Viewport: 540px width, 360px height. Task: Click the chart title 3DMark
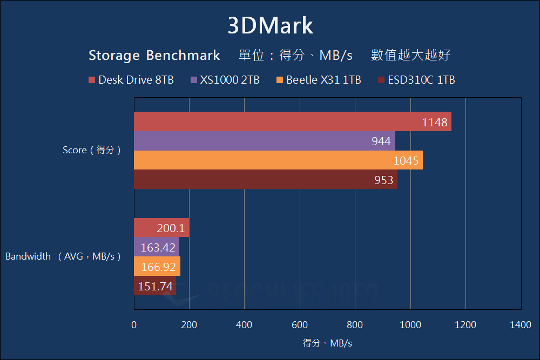point(270,26)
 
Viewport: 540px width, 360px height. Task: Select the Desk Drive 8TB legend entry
point(131,80)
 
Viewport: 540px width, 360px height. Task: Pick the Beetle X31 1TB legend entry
point(318,80)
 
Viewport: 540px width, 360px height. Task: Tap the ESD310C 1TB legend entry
point(416,80)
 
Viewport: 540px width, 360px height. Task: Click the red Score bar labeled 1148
point(292,122)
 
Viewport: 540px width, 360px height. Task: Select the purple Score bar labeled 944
point(264,141)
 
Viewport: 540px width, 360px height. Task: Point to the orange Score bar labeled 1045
point(278,160)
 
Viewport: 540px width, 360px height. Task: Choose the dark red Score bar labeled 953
point(265,179)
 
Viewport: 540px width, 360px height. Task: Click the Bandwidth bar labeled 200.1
point(161,228)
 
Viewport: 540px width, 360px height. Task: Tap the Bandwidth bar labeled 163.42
point(156,248)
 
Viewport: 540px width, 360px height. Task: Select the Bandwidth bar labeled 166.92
point(157,267)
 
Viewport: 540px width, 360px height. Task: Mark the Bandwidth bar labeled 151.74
point(154,286)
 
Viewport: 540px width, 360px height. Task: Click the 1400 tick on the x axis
point(521,324)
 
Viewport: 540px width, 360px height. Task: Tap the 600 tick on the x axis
point(300,324)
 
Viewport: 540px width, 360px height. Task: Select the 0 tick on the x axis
point(134,324)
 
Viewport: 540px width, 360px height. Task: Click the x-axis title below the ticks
point(327,343)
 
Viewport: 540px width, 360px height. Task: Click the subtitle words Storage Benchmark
point(154,55)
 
